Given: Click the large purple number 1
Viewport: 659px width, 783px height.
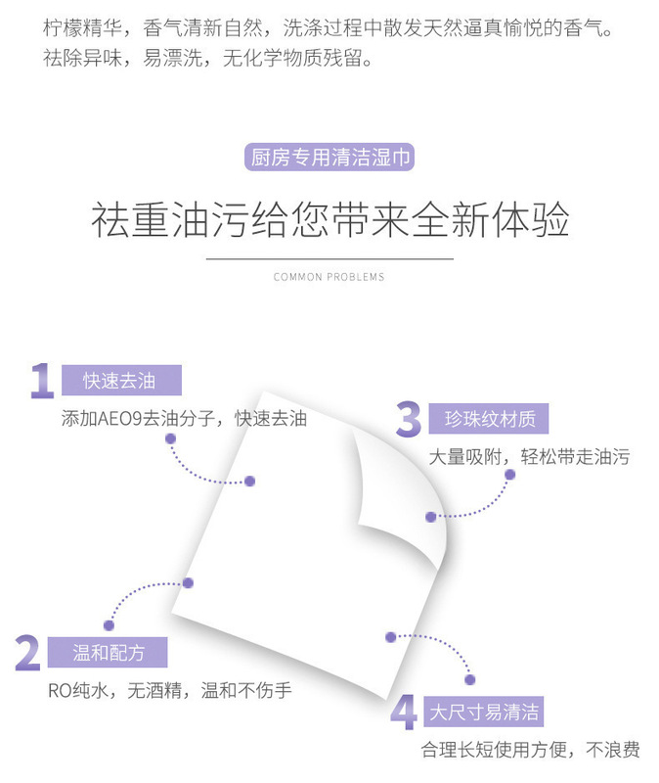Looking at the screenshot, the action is coord(41,381).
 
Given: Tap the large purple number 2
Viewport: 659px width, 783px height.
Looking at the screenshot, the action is coord(27,653).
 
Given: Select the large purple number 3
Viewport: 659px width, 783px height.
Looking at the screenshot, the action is coord(408,419).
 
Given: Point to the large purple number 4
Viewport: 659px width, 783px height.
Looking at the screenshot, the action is coord(403,712).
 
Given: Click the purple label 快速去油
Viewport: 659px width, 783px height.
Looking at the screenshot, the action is coord(120,381).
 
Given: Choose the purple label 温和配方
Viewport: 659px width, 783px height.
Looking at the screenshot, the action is coord(108,653).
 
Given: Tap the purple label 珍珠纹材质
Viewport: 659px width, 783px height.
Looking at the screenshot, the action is coord(489,419).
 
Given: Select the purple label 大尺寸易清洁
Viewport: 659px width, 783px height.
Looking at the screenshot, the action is coord(484,712).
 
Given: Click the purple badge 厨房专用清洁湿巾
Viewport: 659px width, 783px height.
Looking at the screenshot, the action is coord(329,157).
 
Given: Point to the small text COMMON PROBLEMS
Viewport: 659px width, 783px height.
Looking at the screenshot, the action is coord(329,277).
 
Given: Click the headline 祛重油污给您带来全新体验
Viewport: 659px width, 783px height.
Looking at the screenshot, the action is coord(329,221).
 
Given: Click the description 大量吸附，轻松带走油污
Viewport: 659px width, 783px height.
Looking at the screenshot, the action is coord(528,457).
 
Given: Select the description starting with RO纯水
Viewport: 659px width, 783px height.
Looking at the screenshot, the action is coord(170,690).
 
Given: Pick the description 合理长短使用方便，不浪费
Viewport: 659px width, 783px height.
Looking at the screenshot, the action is coord(530,750).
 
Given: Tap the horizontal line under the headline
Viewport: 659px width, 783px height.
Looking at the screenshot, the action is coord(329,258).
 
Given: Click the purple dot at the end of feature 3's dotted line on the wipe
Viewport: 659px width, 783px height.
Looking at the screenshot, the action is coord(429,517).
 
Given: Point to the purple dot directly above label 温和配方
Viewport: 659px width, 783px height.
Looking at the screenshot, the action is coord(110,624).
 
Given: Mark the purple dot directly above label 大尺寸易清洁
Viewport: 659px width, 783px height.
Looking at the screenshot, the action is coord(469,679).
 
